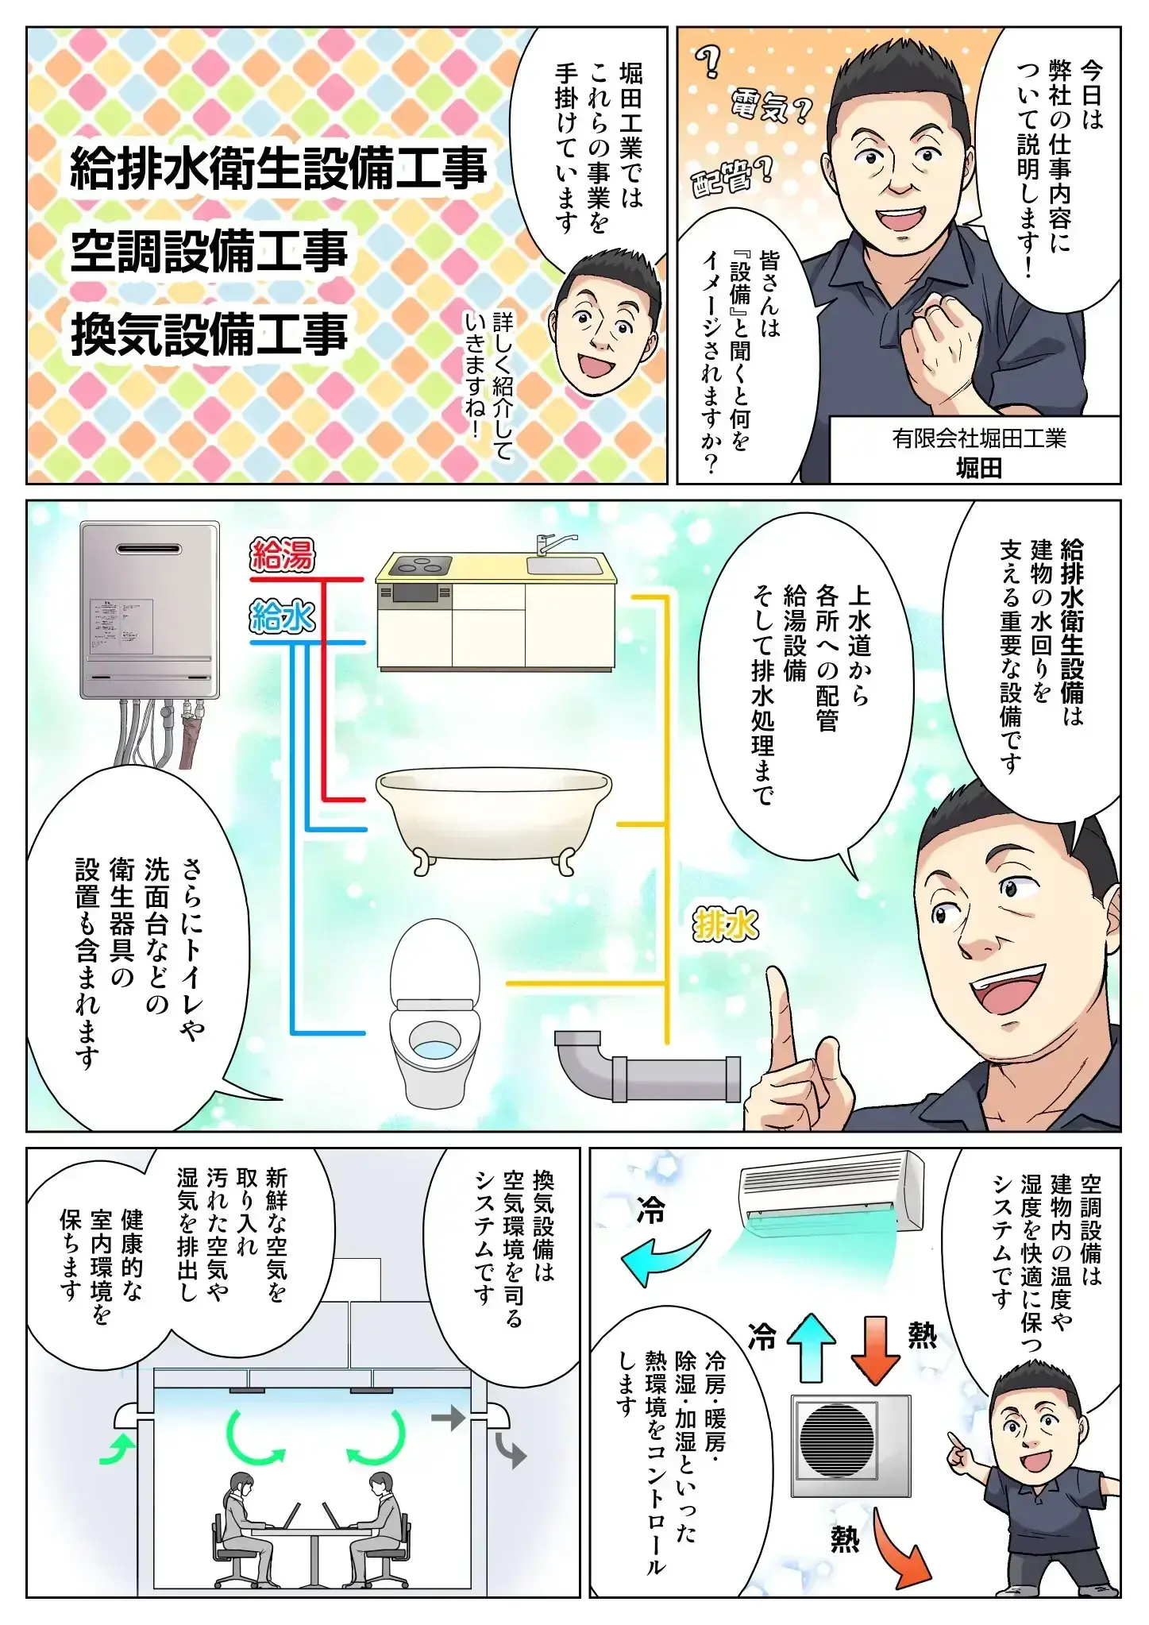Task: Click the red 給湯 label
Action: click(283, 556)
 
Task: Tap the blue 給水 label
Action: click(283, 617)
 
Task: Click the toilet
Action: click(436, 1012)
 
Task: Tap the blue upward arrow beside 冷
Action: click(812, 1347)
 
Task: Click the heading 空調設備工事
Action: click(210, 252)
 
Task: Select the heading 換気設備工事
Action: click(210, 334)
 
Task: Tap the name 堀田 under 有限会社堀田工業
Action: click(978, 469)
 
